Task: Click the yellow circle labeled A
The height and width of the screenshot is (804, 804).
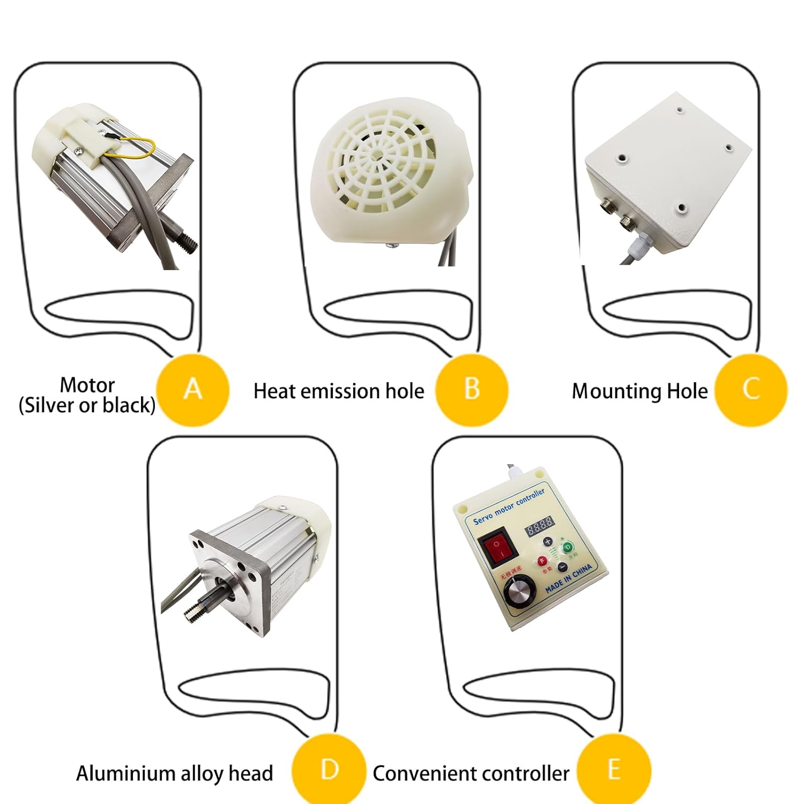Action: (x=193, y=390)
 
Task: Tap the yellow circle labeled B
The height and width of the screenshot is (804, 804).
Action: (x=472, y=390)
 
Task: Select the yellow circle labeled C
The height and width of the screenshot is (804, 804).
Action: (x=751, y=390)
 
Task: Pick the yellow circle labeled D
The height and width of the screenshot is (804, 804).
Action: (x=329, y=771)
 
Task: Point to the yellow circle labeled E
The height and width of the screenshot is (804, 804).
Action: (x=614, y=771)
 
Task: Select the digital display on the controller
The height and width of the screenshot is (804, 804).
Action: (x=539, y=526)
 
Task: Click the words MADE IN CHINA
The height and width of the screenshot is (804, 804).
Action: (x=569, y=578)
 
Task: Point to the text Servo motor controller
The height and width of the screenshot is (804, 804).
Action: (x=509, y=506)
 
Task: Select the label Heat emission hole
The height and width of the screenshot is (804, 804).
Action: (x=338, y=391)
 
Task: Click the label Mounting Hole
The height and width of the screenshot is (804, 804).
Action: (x=639, y=391)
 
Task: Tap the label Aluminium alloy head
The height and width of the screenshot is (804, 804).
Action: (x=174, y=773)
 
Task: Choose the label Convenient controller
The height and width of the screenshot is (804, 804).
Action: (x=471, y=773)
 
